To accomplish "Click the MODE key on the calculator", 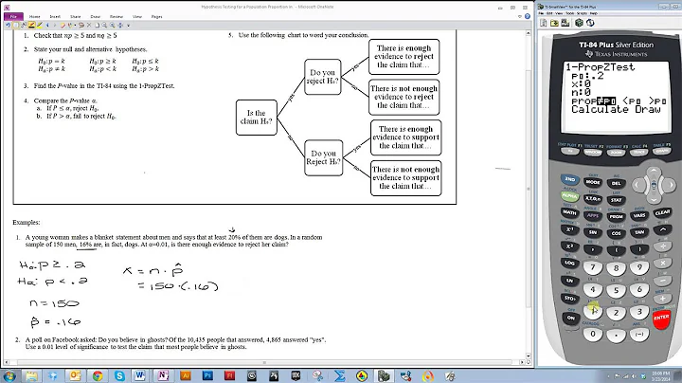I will pyautogui.click(x=593, y=180).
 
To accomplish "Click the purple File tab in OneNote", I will pyautogui.click(x=11, y=16).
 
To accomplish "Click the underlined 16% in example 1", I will pyautogui.click(x=91, y=245).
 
